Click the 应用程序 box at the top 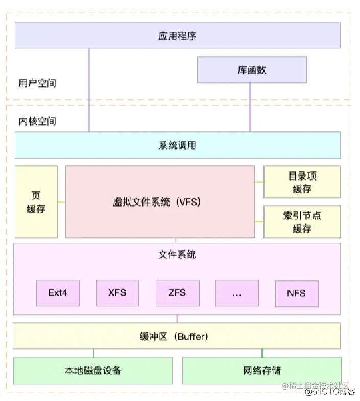click(x=177, y=36)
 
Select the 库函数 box click(x=252, y=70)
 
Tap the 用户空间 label click(x=37, y=83)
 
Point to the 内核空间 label click(x=37, y=121)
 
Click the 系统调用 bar click(x=177, y=145)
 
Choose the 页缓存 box click(x=36, y=202)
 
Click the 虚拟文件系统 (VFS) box click(x=160, y=202)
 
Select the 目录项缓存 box click(x=302, y=182)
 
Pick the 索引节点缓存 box click(x=302, y=222)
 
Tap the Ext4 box click(x=58, y=293)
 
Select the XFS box click(x=117, y=293)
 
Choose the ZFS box click(x=177, y=293)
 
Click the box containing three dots click(x=237, y=293)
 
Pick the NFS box click(x=297, y=293)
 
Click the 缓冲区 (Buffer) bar click(x=177, y=336)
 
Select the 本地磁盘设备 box click(x=93, y=370)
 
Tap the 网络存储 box click(x=262, y=370)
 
